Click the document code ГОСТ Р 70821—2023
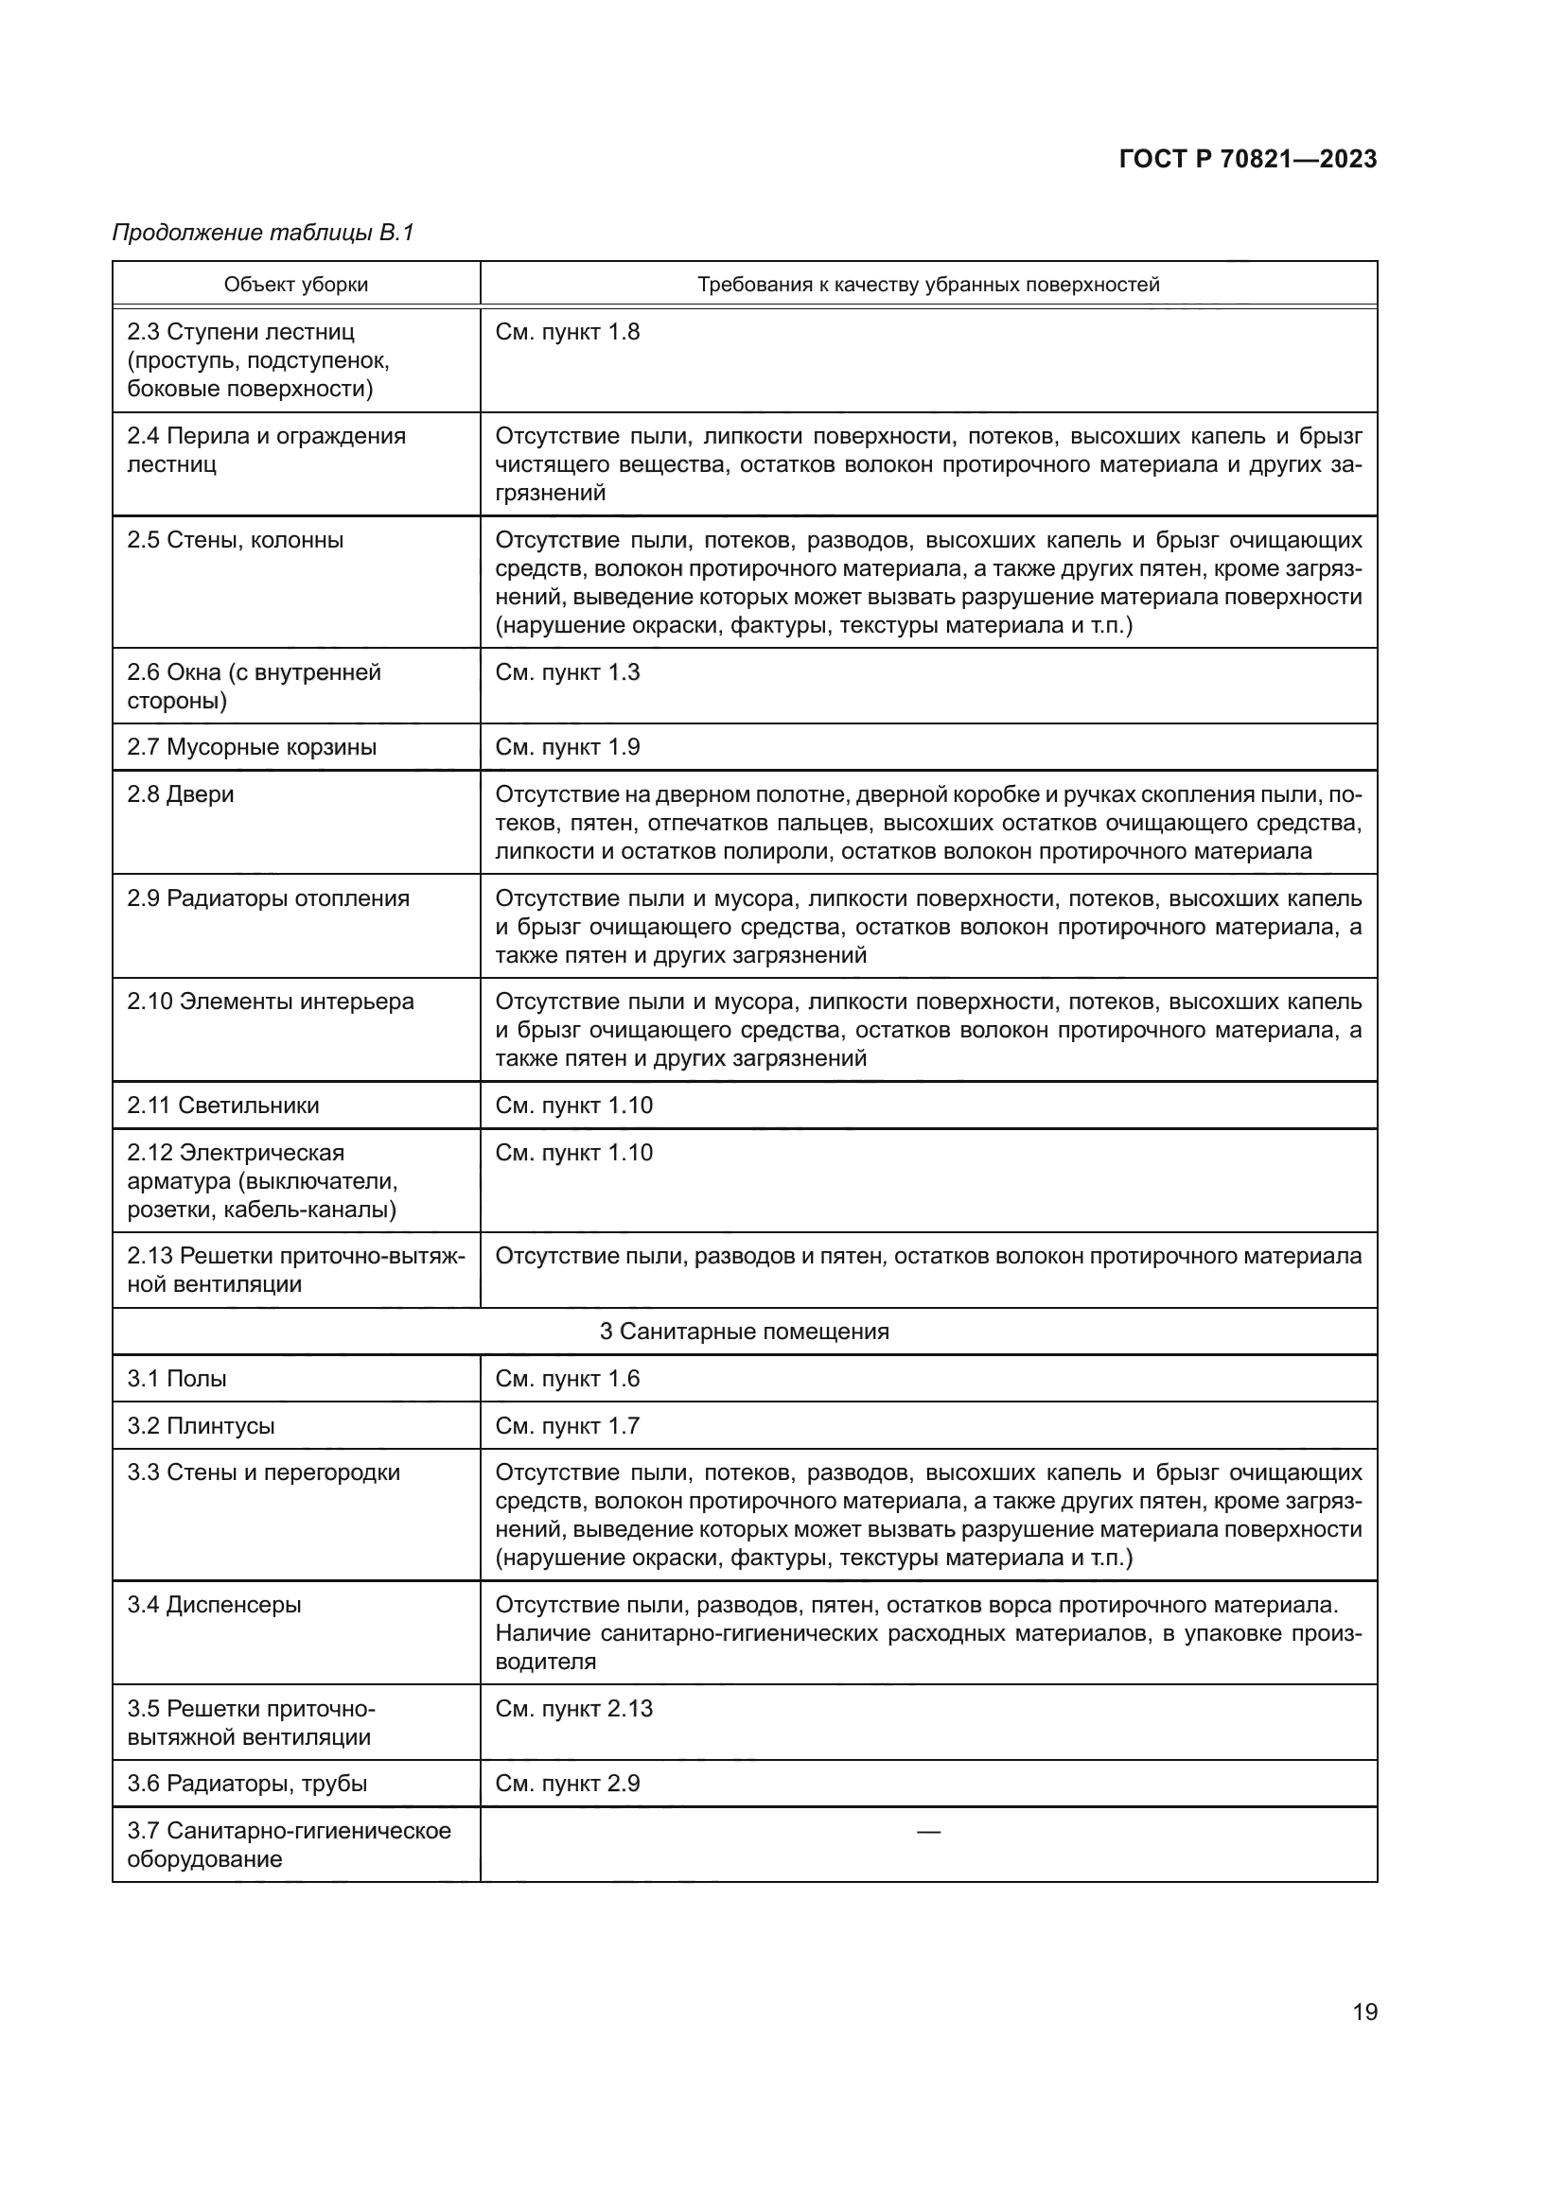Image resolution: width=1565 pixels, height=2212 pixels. (x=1247, y=159)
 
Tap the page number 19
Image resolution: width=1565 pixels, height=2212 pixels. (x=1364, y=2012)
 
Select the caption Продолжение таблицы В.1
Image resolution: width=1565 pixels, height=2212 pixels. (x=262, y=233)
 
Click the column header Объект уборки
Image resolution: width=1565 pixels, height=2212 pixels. (x=296, y=285)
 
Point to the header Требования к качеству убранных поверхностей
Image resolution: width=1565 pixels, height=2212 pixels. (x=927, y=285)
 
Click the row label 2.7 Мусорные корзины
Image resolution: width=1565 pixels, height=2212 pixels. (x=252, y=747)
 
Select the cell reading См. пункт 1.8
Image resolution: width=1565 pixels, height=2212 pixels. (x=567, y=331)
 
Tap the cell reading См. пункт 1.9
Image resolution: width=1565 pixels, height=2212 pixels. (x=567, y=747)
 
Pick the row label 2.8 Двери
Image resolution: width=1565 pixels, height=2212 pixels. (x=180, y=793)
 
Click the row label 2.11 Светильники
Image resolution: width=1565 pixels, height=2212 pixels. (x=222, y=1105)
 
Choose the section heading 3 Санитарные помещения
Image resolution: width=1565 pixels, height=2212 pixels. (x=744, y=1332)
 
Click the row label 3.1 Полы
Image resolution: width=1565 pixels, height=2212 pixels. (x=176, y=1379)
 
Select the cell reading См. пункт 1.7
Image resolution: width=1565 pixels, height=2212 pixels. (x=567, y=1426)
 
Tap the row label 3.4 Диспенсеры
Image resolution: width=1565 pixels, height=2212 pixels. (x=214, y=1604)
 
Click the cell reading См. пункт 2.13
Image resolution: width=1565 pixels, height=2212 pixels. (x=573, y=1708)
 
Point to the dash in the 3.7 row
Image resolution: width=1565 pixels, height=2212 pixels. (x=928, y=1831)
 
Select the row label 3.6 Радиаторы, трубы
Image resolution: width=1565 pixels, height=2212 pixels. (x=247, y=1784)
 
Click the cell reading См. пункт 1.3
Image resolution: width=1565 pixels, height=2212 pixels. (x=567, y=671)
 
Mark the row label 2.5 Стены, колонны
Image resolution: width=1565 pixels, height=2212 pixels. (x=236, y=539)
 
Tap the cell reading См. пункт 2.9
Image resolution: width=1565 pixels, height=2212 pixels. (x=567, y=1784)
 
